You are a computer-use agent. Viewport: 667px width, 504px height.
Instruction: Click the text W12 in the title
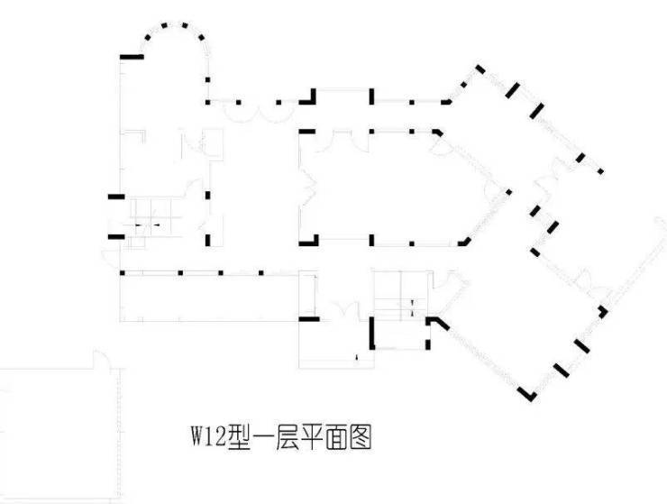206,439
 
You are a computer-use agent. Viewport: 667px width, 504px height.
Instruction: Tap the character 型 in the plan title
239,439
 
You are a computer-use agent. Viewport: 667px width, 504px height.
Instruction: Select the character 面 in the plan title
331,439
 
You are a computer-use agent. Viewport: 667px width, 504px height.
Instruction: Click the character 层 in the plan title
285,439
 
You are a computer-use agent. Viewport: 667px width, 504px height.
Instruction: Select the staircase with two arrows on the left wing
148,221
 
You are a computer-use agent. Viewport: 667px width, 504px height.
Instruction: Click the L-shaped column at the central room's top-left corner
306,132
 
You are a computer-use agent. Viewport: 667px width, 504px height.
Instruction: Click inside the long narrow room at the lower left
207,297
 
